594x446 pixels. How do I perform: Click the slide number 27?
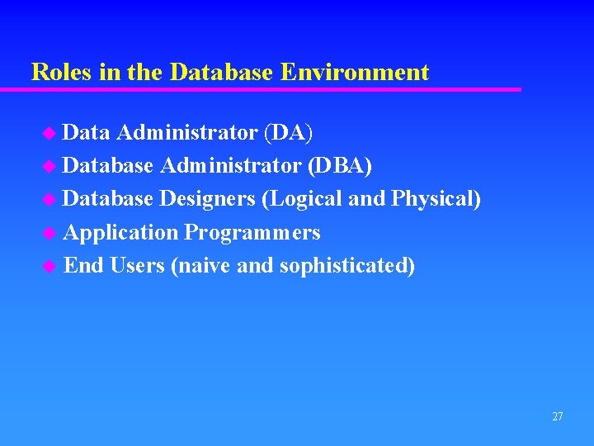pyautogui.click(x=557, y=417)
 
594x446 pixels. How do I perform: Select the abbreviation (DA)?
pyautogui.click(x=287, y=132)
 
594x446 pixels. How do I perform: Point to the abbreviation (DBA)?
pyautogui.click(x=339, y=166)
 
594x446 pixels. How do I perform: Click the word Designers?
pyautogui.click(x=207, y=199)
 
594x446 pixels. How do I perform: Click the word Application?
pyautogui.click(x=120, y=233)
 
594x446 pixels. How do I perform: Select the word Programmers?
pyautogui.click(x=252, y=233)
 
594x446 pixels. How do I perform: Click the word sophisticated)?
pyautogui.click(x=347, y=266)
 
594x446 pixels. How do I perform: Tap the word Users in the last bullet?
pyautogui.click(x=137, y=266)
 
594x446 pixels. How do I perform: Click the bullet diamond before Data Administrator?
pyautogui.click(x=52, y=133)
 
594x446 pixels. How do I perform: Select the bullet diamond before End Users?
pyautogui.click(x=52, y=267)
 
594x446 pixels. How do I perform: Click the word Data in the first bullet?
pyautogui.click(x=87, y=132)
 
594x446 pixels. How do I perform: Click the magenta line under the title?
pyautogui.click(x=272, y=89)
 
